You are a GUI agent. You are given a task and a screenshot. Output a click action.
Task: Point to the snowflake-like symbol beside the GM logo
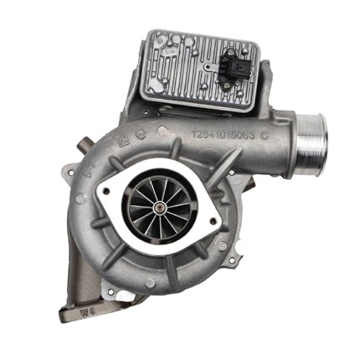pos(139,131)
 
